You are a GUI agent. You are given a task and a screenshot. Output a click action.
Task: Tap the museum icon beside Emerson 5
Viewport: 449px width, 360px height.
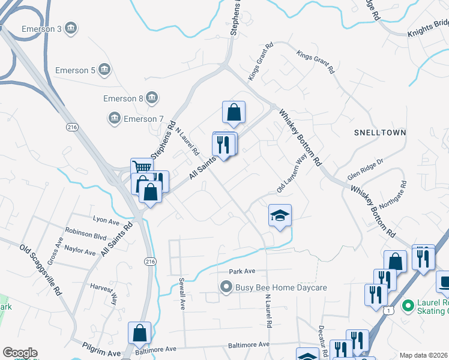tap(105, 70)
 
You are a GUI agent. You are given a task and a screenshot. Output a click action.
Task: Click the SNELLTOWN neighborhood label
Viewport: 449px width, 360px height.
tap(380, 132)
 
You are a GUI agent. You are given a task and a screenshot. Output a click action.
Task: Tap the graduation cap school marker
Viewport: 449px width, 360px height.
tap(280, 215)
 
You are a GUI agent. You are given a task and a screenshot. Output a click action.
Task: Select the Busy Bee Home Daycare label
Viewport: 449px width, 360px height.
tap(281, 287)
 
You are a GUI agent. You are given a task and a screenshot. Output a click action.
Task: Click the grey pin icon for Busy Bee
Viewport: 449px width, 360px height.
tap(226, 287)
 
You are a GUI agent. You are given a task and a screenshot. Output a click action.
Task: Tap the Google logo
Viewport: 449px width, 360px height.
tap(20, 353)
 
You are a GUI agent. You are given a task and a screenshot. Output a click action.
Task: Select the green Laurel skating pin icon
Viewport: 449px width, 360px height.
tap(409, 306)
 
